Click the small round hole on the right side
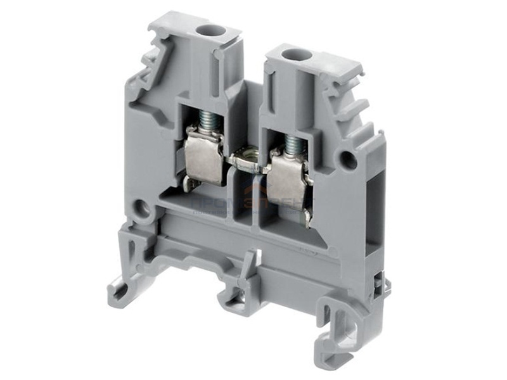[x=348, y=160]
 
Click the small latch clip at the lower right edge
[x=380, y=286]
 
